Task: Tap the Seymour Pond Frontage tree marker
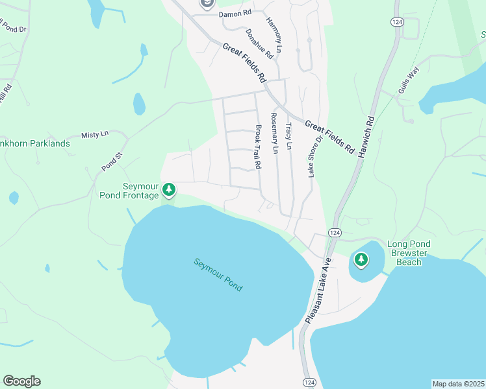point(169,190)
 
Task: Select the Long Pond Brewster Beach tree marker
point(361,261)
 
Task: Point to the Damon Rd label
point(235,13)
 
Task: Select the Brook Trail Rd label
point(258,147)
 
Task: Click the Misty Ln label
point(95,134)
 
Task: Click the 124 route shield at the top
point(396,21)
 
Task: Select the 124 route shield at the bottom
point(309,382)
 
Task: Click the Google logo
point(21,381)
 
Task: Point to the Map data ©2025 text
point(458,384)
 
